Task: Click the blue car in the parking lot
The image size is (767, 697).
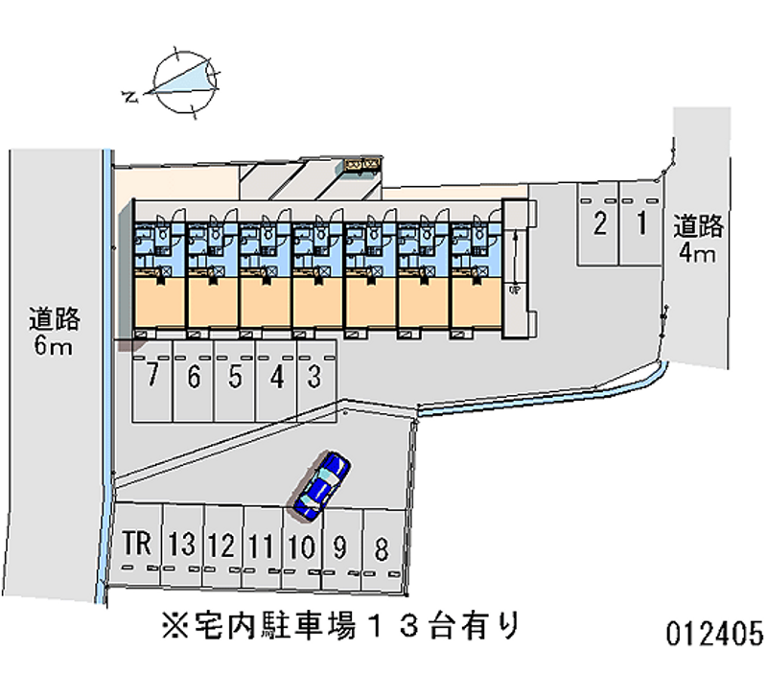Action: (x=322, y=484)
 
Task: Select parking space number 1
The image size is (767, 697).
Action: (x=639, y=225)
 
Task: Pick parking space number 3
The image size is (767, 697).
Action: (x=313, y=377)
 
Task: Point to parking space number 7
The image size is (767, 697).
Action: (x=151, y=377)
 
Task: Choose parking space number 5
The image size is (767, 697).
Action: (x=235, y=377)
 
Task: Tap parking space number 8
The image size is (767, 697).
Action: (x=382, y=550)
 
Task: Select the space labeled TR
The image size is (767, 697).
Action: (x=137, y=546)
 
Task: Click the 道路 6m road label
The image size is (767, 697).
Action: (x=54, y=331)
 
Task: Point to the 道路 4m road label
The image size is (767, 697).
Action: (x=697, y=240)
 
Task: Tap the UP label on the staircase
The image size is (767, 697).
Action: (x=515, y=289)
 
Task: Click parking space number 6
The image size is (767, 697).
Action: (x=194, y=377)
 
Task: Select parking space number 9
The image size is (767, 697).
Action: (x=339, y=549)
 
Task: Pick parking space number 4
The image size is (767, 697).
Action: (x=277, y=377)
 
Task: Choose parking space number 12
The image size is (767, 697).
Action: (x=221, y=547)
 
